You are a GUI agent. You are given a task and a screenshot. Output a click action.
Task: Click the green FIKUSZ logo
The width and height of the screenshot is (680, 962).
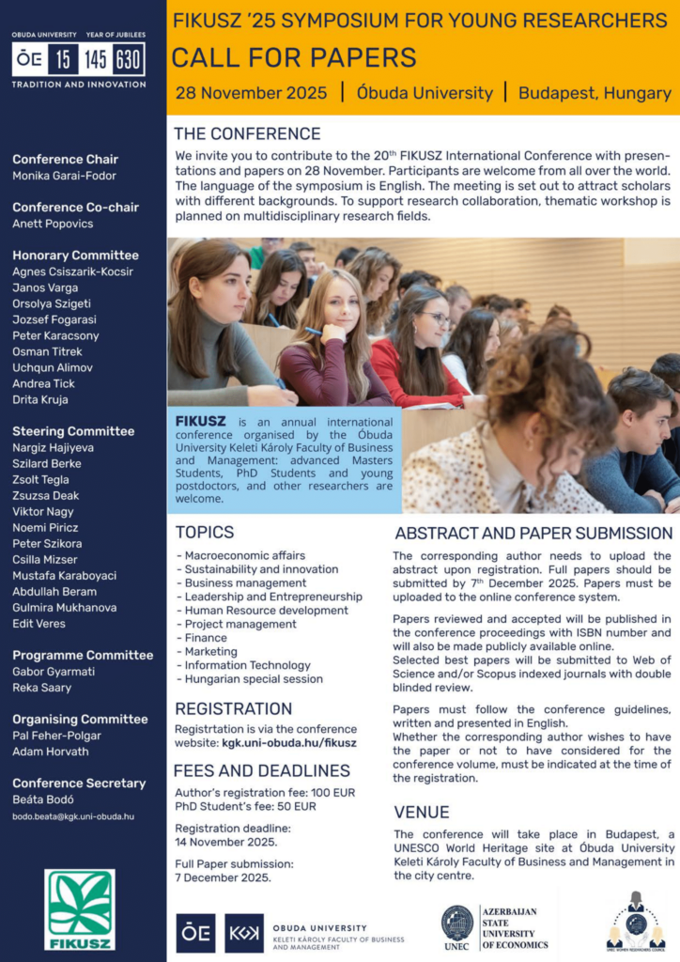click(x=80, y=908)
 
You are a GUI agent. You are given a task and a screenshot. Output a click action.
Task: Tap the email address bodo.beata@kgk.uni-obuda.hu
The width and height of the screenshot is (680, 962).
click(x=73, y=816)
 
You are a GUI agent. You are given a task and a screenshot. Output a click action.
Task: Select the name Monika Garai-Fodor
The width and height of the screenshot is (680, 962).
click(x=65, y=176)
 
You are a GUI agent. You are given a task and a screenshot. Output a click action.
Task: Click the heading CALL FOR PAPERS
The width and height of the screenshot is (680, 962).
click(x=294, y=57)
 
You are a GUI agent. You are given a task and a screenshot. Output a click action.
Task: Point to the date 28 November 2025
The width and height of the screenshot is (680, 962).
click(x=252, y=93)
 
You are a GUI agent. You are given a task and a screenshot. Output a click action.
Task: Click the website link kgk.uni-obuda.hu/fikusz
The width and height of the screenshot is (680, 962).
click(x=289, y=742)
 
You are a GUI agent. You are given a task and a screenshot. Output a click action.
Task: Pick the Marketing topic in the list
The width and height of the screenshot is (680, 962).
click(x=210, y=651)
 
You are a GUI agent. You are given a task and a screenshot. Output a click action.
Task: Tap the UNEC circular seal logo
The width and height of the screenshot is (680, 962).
click(x=457, y=923)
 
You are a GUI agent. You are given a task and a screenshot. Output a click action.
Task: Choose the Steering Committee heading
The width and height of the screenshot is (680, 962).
click(x=73, y=431)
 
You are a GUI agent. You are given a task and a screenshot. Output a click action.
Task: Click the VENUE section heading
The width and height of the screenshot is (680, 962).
click(x=422, y=812)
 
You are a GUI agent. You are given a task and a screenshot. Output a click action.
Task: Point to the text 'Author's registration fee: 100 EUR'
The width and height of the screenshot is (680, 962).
click(x=265, y=792)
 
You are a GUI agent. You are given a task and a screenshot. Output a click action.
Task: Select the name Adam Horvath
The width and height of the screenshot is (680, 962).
click(x=50, y=752)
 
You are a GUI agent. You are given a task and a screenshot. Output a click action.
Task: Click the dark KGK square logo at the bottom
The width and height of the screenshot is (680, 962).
click(x=243, y=933)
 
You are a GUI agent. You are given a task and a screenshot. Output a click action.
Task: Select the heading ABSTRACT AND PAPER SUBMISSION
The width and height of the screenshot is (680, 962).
click(x=533, y=533)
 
